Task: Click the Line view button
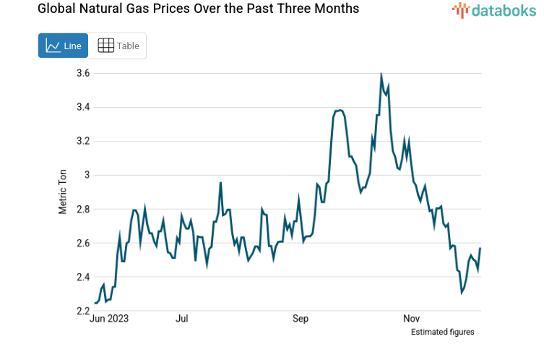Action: tap(63, 46)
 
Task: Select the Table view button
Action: tap(118, 46)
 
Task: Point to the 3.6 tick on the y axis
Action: tap(82, 73)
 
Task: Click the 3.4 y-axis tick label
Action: tap(82, 107)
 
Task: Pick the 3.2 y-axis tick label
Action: tap(82, 141)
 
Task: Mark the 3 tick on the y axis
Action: tap(86, 175)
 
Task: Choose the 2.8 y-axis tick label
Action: tap(82, 209)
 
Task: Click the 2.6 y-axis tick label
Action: tap(82, 243)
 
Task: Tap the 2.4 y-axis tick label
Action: tap(82, 277)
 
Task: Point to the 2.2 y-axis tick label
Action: tap(82, 311)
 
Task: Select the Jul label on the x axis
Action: tap(182, 318)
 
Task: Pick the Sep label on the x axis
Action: tap(301, 318)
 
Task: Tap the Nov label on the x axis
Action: tap(411, 318)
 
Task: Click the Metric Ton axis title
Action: tap(63, 192)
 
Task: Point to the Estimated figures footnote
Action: tap(442, 332)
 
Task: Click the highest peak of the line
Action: tap(381, 74)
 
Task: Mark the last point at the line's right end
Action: tap(480, 248)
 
